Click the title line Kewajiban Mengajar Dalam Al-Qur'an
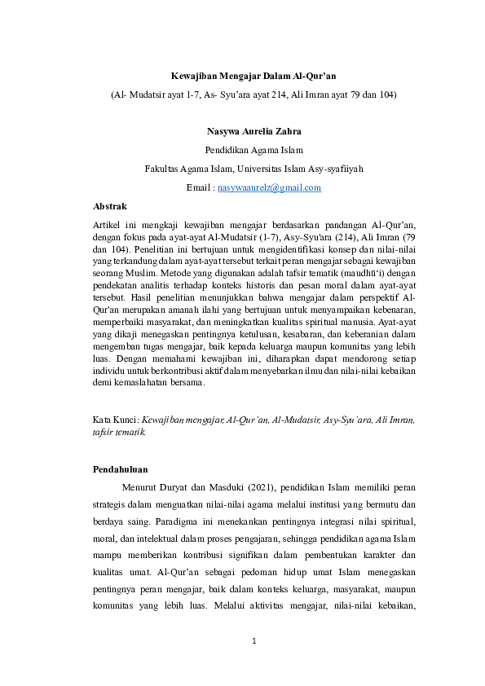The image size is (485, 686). coord(253,76)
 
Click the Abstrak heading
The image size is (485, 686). coord(110,206)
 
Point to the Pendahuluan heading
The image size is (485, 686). coord(120,469)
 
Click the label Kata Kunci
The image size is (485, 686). coord(115,420)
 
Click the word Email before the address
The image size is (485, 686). coord(199,187)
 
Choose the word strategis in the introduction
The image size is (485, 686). coord(115,504)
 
